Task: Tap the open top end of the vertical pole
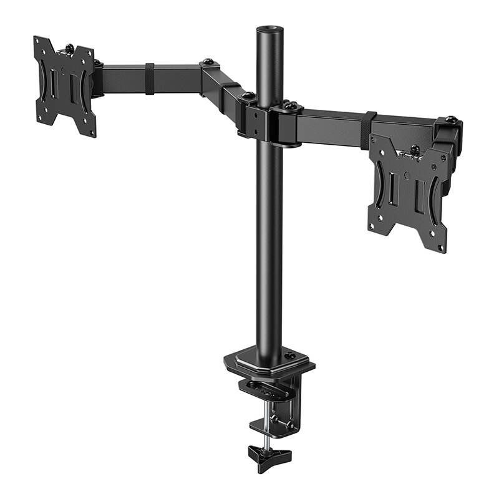(x=269, y=30)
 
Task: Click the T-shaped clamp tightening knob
(x=269, y=455)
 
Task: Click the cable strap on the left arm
(x=150, y=78)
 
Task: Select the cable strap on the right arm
(x=369, y=130)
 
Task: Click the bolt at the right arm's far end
(x=452, y=119)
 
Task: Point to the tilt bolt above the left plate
(x=69, y=47)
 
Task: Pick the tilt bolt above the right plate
(x=415, y=149)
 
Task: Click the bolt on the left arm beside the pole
(x=248, y=95)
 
